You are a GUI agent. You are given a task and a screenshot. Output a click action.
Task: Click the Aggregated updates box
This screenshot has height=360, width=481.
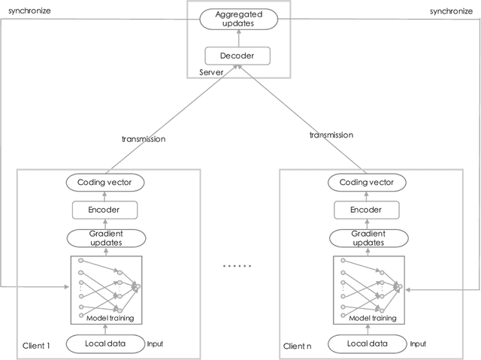(x=240, y=20)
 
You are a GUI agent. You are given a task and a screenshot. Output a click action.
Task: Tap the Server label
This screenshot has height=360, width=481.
(x=212, y=72)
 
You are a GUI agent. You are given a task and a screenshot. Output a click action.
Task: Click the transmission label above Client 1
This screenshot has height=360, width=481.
(x=143, y=138)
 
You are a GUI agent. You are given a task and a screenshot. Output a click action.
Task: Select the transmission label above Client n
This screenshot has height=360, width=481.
(x=331, y=135)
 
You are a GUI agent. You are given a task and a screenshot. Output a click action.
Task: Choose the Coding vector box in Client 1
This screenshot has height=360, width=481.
(x=105, y=183)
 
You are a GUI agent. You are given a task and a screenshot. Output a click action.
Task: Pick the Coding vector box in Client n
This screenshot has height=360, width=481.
(x=368, y=183)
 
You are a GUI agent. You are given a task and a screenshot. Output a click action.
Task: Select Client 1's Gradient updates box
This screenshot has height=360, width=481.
(x=105, y=238)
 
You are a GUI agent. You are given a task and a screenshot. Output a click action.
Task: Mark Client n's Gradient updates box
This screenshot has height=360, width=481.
(x=368, y=238)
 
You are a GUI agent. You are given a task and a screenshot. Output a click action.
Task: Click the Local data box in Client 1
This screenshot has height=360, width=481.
(x=105, y=344)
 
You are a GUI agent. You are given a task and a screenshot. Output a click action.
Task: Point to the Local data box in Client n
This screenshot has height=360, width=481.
(x=368, y=344)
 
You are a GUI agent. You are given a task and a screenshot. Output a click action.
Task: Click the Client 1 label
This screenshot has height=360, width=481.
(x=35, y=346)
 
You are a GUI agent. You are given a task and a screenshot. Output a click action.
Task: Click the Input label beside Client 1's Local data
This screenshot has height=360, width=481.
(x=155, y=343)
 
